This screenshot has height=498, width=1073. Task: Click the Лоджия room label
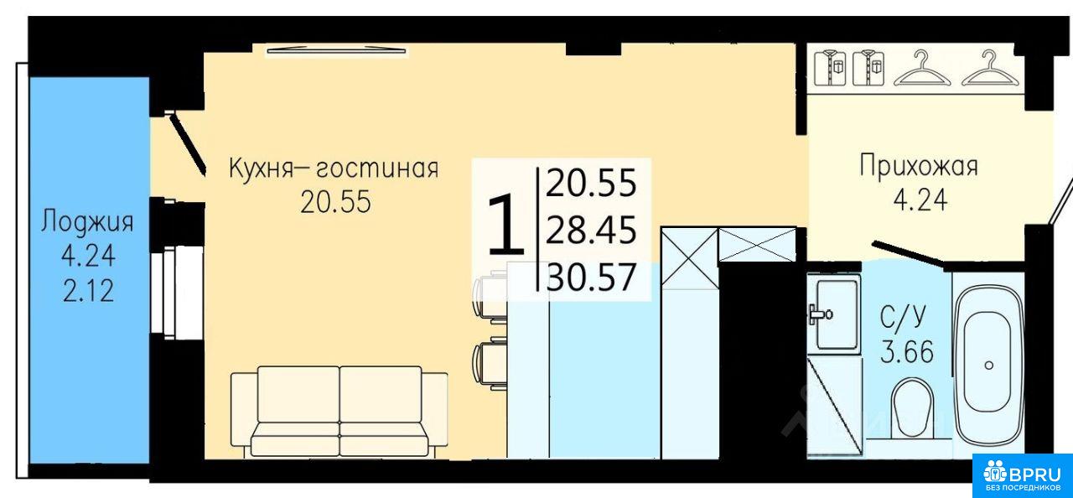coord(87,223)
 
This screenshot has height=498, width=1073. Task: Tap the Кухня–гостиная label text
coord(334,169)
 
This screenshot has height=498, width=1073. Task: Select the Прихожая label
coord(919,167)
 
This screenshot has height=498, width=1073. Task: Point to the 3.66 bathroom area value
coord(907,352)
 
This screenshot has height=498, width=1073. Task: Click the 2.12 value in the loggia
coord(89,291)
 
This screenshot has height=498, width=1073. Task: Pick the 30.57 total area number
coord(591,278)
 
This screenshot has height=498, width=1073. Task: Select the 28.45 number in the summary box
coord(591,231)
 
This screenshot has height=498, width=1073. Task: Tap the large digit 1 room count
coord(505,224)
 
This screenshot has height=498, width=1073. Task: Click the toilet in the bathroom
coord(913,407)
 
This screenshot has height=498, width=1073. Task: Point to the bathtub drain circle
coord(988,366)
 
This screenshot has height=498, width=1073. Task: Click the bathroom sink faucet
coord(820,314)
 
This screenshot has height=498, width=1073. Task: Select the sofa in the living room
coord(340,412)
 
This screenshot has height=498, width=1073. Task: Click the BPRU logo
coord(1021,475)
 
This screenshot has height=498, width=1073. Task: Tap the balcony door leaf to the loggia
coord(188,143)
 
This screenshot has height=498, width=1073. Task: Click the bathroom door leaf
coord(907,253)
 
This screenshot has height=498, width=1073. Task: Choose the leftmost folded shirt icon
coord(830,69)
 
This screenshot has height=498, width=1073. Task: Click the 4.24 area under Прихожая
coord(920,200)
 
